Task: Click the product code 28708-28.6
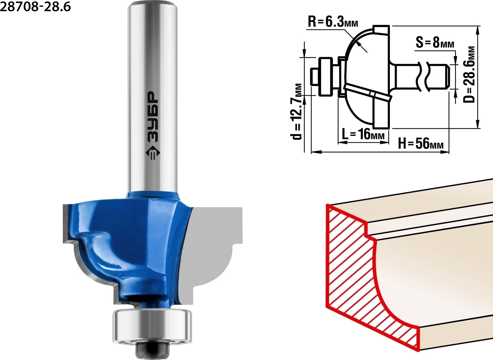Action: click(x=35, y=6)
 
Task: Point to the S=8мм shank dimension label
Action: click(x=435, y=43)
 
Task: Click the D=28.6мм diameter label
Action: click(x=469, y=74)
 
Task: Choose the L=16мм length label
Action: click(x=363, y=134)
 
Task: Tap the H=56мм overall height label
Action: click(x=421, y=144)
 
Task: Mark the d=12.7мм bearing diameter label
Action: click(x=297, y=112)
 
